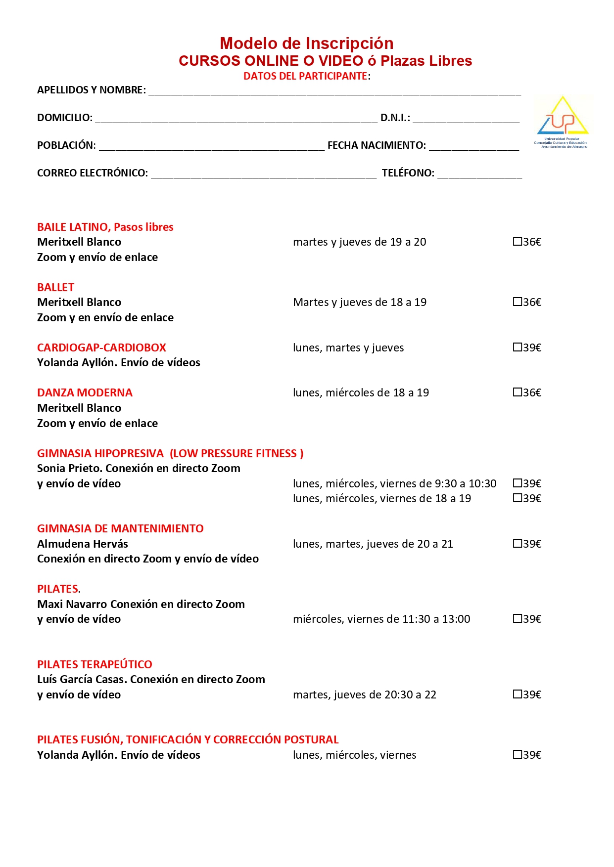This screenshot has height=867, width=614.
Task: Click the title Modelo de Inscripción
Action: click(306, 43)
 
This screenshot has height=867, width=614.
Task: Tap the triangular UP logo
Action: click(563, 119)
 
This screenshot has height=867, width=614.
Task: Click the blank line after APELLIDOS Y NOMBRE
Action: click(334, 91)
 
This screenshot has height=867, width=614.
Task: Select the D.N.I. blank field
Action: click(466, 119)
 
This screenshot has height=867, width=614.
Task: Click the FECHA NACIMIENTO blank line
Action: click(473, 146)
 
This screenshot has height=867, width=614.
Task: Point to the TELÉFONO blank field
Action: click(479, 174)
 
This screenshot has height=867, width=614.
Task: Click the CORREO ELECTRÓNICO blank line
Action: click(263, 174)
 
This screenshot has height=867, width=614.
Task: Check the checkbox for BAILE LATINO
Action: click(518, 242)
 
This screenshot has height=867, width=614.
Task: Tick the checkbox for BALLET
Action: click(518, 302)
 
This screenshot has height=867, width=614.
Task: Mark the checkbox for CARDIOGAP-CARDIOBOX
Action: click(518, 347)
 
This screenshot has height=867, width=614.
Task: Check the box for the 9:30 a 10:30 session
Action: click(518, 483)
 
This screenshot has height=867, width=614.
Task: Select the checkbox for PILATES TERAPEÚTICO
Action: click(518, 694)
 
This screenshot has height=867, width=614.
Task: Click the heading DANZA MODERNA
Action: click(85, 393)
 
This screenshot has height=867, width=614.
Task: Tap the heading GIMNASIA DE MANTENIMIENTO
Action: click(120, 528)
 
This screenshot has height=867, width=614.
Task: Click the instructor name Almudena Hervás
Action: click(83, 544)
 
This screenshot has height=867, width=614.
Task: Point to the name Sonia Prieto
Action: click(69, 469)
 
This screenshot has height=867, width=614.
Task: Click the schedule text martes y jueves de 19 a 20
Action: click(359, 242)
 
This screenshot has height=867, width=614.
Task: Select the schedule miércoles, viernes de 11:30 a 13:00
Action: click(381, 619)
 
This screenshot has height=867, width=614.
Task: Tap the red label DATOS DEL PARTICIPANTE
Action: click(305, 76)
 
